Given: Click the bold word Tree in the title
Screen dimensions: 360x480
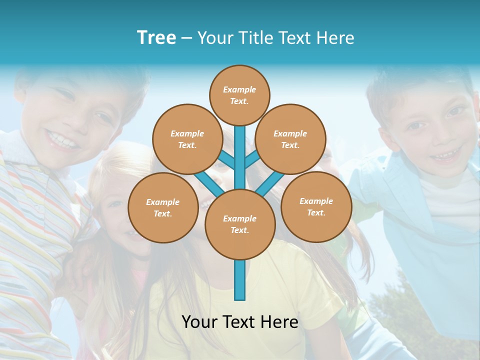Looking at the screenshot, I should tap(156, 38).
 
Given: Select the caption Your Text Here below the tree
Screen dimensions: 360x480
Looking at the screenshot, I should tap(239, 322).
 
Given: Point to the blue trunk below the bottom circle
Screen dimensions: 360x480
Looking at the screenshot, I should tap(240, 280).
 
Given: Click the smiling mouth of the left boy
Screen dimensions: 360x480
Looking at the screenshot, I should tap(63, 139).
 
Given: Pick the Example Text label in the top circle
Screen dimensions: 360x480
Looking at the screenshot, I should tap(239, 95).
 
